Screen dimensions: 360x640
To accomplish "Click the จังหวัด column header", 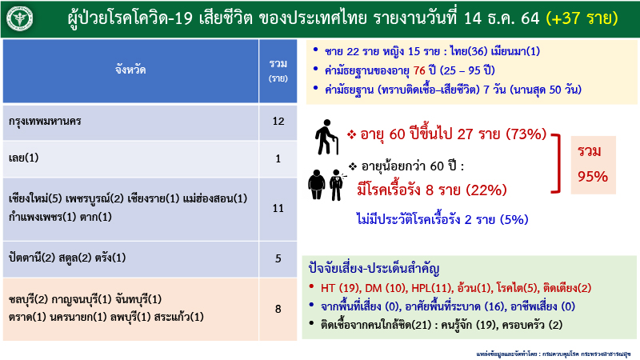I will [133, 70].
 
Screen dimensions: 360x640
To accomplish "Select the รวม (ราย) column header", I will [278, 70].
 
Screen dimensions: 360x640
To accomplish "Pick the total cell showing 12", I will [278, 122].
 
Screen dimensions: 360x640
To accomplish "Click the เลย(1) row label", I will [23, 158].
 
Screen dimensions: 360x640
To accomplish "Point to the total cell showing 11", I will [278, 208].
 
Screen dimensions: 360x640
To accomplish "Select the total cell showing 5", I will [278, 258].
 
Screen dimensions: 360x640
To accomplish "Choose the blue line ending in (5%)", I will [442, 218].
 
